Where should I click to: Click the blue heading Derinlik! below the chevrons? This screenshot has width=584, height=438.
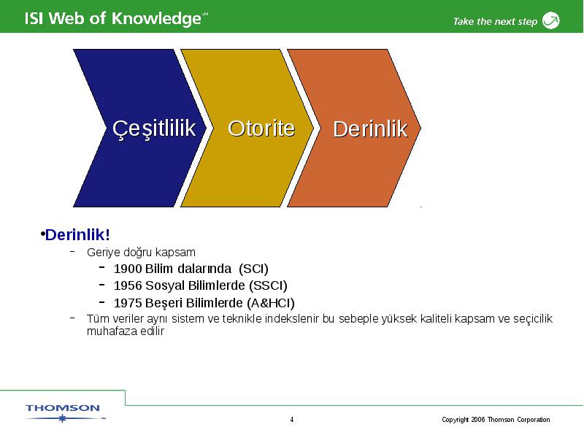click(77, 234)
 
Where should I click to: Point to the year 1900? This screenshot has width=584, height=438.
click(128, 269)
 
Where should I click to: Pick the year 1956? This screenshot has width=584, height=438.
click(128, 285)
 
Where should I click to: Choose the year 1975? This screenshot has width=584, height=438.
click(128, 303)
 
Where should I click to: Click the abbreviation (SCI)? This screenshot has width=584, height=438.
click(253, 269)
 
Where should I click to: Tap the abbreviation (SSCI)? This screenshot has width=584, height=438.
click(268, 285)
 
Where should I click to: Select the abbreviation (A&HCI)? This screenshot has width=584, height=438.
click(271, 303)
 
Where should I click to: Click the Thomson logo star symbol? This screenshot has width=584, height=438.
click(63, 418)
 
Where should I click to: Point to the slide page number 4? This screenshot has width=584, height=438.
click(292, 420)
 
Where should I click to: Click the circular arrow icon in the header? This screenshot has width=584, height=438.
click(551, 20)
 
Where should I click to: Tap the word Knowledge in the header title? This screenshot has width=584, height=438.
click(156, 19)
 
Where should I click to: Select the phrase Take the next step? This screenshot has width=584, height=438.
click(496, 22)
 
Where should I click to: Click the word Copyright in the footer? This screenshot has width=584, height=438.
click(455, 420)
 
